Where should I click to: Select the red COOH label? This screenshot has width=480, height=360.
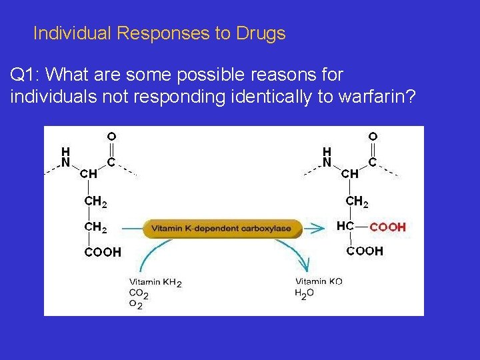click(387, 227)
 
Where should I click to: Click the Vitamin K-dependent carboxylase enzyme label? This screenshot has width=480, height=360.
click(221, 228)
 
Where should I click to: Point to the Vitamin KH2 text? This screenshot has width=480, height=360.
click(155, 282)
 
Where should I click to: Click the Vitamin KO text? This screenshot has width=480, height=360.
click(319, 282)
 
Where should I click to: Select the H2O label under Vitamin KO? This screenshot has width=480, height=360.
click(304, 293)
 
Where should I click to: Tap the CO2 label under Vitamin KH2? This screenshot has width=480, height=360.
click(139, 293)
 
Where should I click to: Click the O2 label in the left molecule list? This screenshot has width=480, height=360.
click(135, 305)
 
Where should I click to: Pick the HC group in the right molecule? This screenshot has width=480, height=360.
click(345, 227)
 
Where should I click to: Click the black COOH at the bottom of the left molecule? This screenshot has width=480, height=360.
click(103, 252)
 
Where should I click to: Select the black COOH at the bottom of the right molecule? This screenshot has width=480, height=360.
click(365, 251)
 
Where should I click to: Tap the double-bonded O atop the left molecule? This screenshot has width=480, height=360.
click(111, 137)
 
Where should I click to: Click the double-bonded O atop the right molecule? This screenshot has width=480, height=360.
click(373, 137)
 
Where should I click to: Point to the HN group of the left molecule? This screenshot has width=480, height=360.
click(65, 157)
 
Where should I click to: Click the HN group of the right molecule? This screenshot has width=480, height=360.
click(327, 157)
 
